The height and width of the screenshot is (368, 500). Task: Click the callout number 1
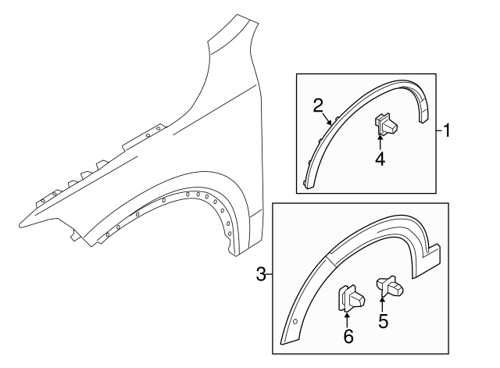pyautogui.click(x=447, y=130)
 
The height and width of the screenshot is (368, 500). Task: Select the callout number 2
pyautogui.click(x=318, y=105)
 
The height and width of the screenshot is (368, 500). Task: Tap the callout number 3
pyautogui.click(x=260, y=273)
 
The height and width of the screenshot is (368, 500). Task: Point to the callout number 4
pyautogui.click(x=380, y=159)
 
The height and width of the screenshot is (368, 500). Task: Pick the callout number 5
pyautogui.click(x=383, y=320)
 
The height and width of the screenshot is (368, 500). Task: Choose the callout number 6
pyautogui.click(x=348, y=336)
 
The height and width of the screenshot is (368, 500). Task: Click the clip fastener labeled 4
pyautogui.click(x=387, y=123)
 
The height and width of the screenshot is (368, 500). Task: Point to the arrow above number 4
pyautogui.click(x=380, y=141)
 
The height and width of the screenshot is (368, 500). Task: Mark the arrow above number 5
pyautogui.click(x=383, y=302)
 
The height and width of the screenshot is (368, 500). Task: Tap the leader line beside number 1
pyautogui.click(x=438, y=130)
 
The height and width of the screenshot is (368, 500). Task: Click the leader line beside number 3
pyautogui.click(x=269, y=273)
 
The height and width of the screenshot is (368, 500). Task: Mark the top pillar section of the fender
pyautogui.click(x=234, y=39)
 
